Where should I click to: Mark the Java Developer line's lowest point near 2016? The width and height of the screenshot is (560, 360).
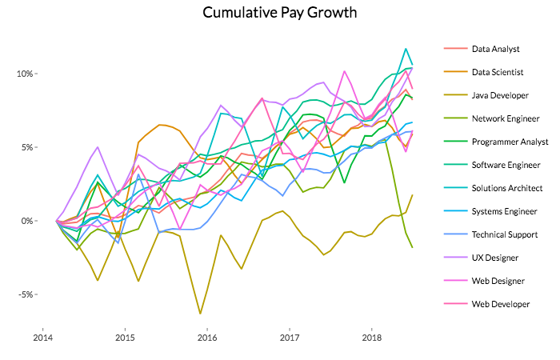200,314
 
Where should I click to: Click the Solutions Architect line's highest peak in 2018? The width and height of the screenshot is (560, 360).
406,49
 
